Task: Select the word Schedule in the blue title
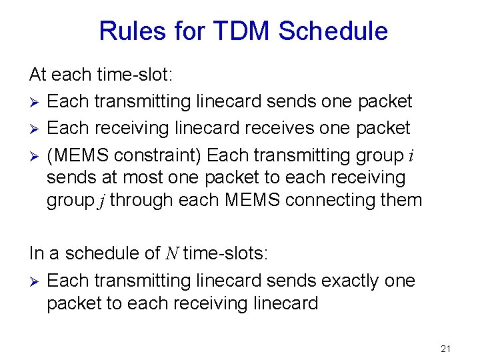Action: [x=333, y=31]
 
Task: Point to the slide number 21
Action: [x=446, y=349]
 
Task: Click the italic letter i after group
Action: [x=411, y=156]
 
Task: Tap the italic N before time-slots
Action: [x=171, y=254]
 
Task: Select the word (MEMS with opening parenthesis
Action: [x=78, y=155]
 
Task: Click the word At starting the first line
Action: [x=39, y=75]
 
